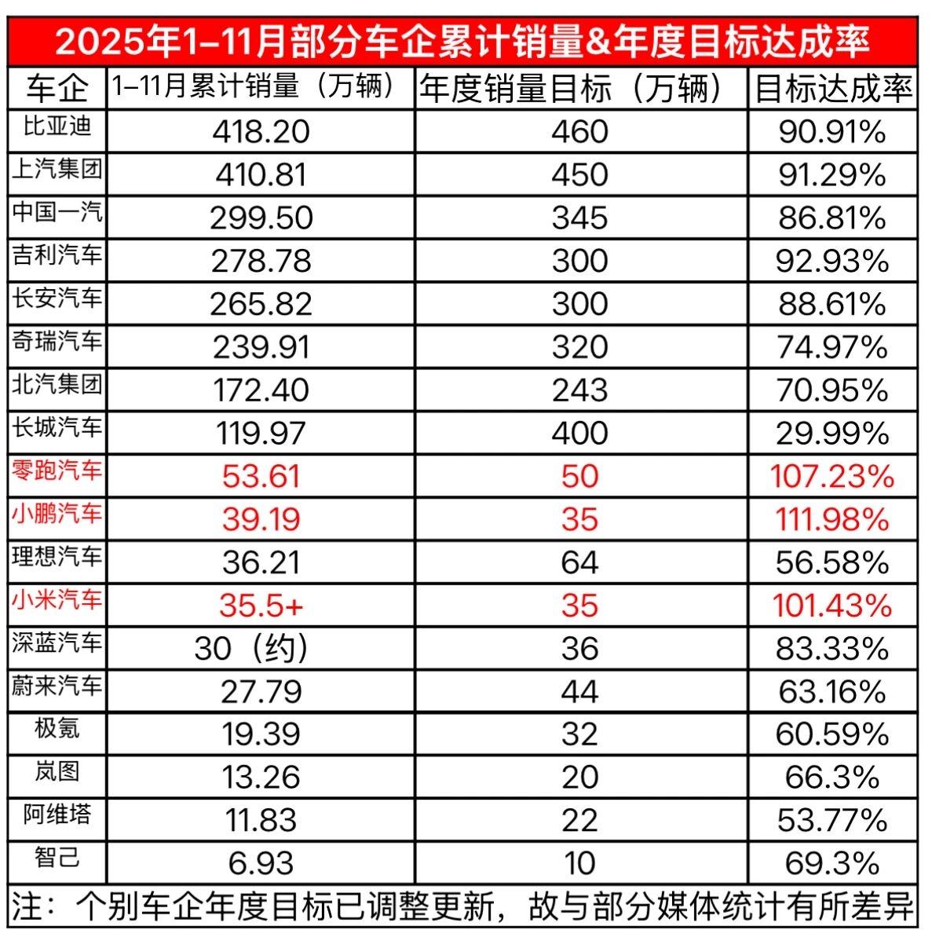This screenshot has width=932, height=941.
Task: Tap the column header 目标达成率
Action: (833, 89)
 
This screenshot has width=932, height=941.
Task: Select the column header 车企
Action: (57, 89)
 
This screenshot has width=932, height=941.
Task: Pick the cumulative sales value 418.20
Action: (261, 131)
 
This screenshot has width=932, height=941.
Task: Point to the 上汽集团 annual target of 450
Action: (580, 174)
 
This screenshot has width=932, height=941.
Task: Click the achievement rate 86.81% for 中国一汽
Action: (833, 218)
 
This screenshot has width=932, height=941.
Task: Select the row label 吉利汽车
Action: (57, 255)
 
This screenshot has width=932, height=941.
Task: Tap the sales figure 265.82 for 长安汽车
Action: (261, 304)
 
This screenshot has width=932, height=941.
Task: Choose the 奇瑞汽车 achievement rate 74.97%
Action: (833, 347)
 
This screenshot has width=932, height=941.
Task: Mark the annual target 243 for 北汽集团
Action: (580, 390)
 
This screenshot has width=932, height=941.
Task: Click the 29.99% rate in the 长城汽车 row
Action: (833, 434)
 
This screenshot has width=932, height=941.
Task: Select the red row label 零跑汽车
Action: (57, 471)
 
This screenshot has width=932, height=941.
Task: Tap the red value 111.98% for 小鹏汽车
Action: (833, 520)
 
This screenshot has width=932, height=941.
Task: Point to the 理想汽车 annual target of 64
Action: (580, 563)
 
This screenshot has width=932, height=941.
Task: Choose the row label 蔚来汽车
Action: (57, 687)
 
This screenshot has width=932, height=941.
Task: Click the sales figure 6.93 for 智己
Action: (261, 863)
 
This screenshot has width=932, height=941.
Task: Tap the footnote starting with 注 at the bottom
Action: (463, 908)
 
